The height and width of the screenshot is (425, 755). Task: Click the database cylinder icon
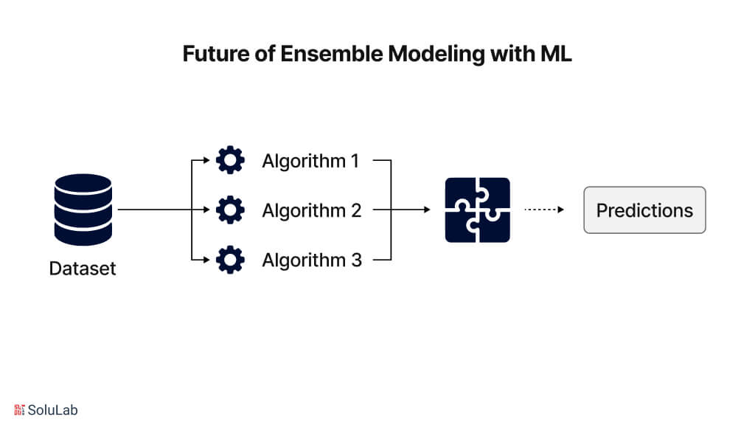click(83, 210)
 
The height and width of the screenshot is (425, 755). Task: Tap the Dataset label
click(83, 269)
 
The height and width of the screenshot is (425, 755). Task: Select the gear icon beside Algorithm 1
click(230, 161)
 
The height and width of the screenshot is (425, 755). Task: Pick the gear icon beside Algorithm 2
click(230, 210)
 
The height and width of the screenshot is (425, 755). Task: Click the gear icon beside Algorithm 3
click(230, 260)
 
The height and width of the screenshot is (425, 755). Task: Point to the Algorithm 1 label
click(310, 161)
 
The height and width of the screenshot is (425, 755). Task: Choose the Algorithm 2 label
click(311, 210)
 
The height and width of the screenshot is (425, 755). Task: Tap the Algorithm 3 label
click(311, 260)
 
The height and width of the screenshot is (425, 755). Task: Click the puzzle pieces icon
click(477, 210)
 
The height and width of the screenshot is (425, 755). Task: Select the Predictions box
click(644, 210)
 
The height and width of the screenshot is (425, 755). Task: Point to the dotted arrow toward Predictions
click(543, 210)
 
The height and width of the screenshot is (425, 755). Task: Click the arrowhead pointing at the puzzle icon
click(426, 210)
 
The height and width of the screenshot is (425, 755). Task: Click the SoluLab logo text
click(52, 410)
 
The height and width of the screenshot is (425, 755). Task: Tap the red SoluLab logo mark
click(19, 410)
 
